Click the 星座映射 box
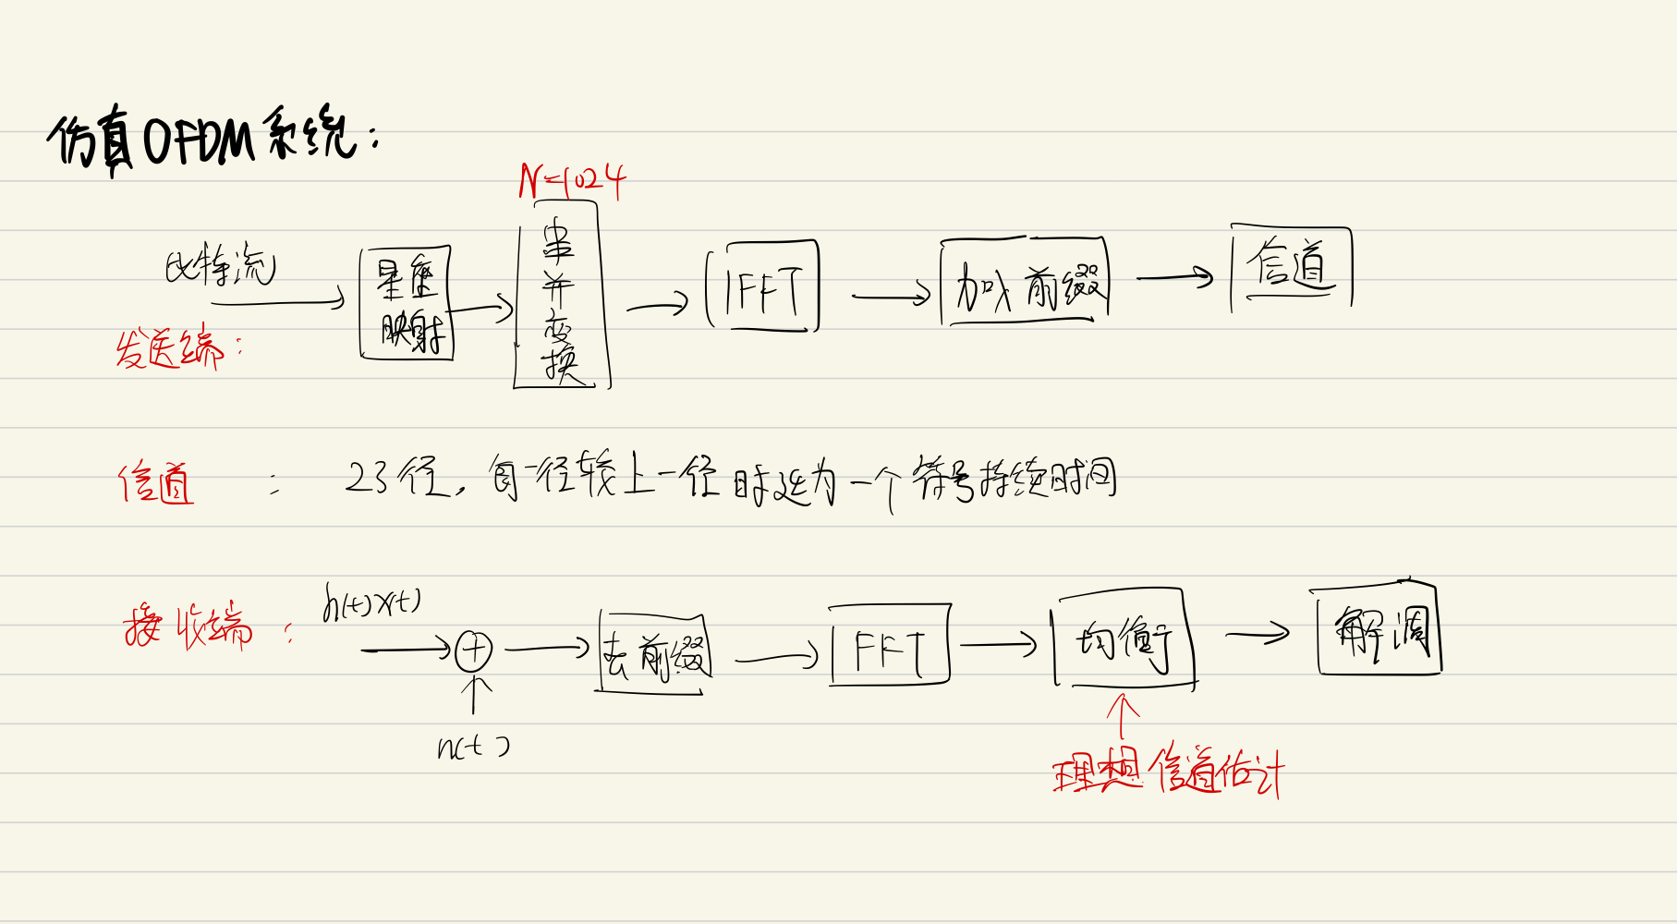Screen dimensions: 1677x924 point(407,302)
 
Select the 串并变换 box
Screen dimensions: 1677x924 point(561,296)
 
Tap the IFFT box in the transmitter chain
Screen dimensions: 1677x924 point(762,286)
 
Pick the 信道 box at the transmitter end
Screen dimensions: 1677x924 point(1291,266)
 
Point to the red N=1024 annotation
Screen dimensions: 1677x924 point(572,180)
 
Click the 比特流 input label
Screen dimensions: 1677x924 point(220,265)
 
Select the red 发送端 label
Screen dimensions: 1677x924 point(171,348)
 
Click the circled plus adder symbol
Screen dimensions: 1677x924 point(474,650)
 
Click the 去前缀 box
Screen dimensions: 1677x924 point(654,652)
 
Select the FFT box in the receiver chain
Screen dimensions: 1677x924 point(890,646)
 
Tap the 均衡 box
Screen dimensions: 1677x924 point(1124,638)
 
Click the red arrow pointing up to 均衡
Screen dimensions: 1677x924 point(1123,716)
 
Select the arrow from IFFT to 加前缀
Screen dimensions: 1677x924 point(891,297)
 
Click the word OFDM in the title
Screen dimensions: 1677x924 point(199,141)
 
